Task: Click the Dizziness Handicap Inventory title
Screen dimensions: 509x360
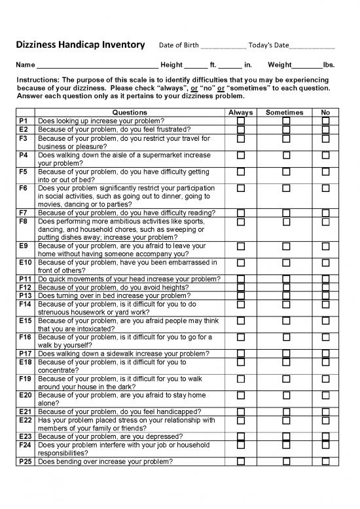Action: [79, 45]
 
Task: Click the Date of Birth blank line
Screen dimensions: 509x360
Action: [223, 47]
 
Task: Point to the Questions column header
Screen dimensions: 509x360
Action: [130, 113]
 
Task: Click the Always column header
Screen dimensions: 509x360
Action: [240, 113]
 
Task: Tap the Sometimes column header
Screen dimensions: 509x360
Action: [285, 113]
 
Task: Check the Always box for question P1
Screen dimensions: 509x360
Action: [240, 121]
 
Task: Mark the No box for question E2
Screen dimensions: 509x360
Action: [325, 130]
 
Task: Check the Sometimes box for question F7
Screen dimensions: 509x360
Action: [285, 213]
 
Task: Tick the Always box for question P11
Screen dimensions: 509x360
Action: [240, 279]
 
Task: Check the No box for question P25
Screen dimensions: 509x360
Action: [325, 462]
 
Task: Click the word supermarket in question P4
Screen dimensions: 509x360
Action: [158, 155]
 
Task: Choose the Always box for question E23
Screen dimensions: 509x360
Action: [240, 437]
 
